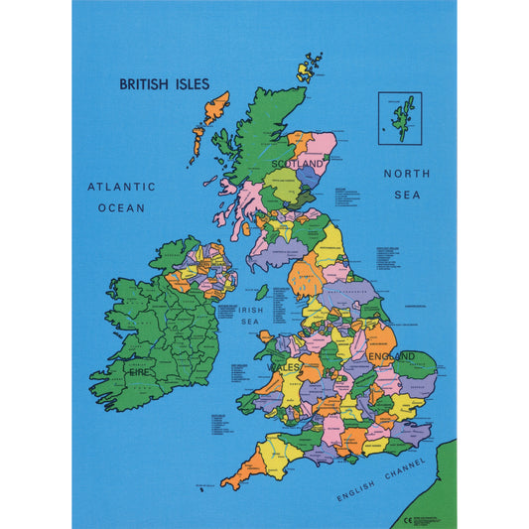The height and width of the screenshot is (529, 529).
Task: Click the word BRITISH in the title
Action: click(x=143, y=84)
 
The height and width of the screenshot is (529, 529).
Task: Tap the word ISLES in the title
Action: click(x=190, y=84)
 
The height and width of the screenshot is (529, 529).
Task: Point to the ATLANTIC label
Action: click(x=121, y=186)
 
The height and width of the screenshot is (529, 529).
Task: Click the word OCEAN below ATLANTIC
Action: click(x=121, y=208)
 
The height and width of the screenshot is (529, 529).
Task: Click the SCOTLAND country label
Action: click(x=299, y=163)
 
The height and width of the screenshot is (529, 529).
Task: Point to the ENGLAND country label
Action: click(x=393, y=355)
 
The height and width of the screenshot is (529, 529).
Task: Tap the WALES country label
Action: click(x=283, y=367)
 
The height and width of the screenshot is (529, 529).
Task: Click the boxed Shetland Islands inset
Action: click(x=399, y=117)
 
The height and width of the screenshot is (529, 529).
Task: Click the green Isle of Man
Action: click(x=262, y=293)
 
